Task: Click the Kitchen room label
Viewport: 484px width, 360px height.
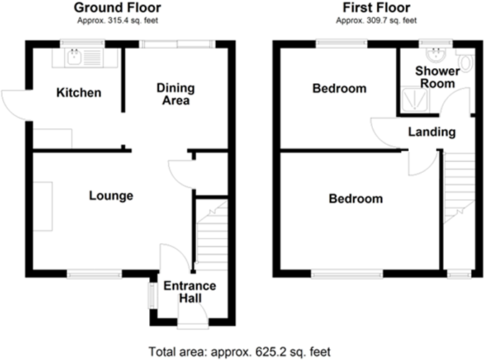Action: pyautogui.click(x=79, y=93)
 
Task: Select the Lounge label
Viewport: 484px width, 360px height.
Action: pyautogui.click(x=111, y=195)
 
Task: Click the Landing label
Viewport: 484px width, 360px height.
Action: pyautogui.click(x=432, y=132)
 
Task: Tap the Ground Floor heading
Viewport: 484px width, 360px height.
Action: pyautogui.click(x=117, y=8)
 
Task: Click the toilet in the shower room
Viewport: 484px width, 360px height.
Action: pyautogui.click(x=468, y=63)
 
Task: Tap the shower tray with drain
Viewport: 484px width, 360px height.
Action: pyautogui.click(x=414, y=101)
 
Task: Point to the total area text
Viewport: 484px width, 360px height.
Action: pyautogui.click(x=242, y=351)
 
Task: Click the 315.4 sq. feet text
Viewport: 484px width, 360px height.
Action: pyautogui.click(x=117, y=22)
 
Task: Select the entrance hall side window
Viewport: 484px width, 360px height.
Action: pyautogui.click(x=151, y=294)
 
